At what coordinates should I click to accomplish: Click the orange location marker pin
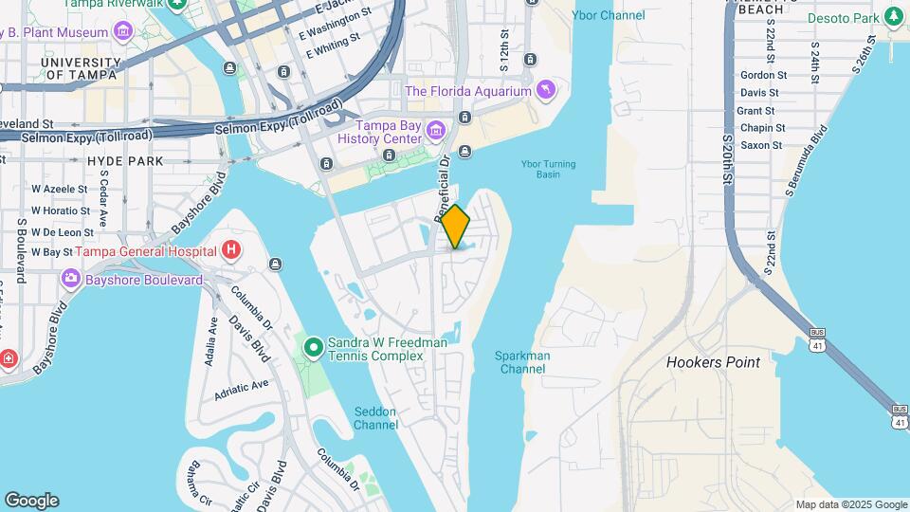(x=456, y=227)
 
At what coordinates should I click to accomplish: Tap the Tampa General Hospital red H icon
(x=230, y=251)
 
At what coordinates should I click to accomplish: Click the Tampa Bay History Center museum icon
(x=435, y=129)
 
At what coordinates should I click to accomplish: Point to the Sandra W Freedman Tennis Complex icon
(x=314, y=348)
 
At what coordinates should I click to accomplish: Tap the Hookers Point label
(x=713, y=362)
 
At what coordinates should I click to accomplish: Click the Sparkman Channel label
(x=522, y=362)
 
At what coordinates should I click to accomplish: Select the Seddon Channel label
(x=375, y=418)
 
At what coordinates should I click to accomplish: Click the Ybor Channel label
(x=610, y=15)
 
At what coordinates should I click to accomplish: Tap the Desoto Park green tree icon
(x=892, y=17)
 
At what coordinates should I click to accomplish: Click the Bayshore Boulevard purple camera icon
(x=69, y=280)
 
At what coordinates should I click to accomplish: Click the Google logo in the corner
(x=31, y=501)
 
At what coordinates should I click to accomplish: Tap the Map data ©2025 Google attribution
(x=850, y=504)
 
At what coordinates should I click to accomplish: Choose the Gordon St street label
(x=763, y=75)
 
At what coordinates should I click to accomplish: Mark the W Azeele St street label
(x=61, y=189)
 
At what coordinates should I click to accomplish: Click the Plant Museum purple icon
(x=122, y=32)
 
